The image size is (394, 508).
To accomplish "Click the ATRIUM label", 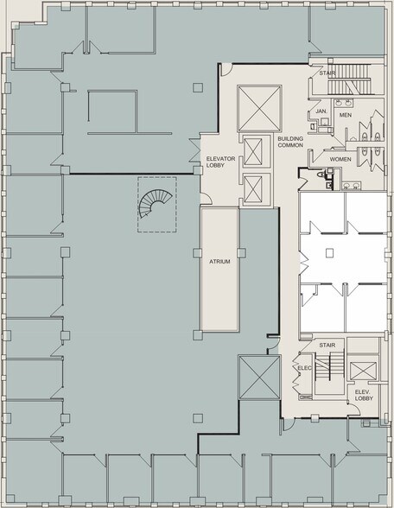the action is click(219, 262).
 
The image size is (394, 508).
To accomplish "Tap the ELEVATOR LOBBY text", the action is click(220, 162).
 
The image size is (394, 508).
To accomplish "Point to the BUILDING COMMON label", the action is click(290, 142).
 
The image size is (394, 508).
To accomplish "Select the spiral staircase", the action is click(155, 203).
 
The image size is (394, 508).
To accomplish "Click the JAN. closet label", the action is click(321, 111).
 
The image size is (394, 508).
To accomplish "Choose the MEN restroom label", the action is click(346, 115).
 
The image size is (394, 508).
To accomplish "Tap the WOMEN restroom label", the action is click(340, 159).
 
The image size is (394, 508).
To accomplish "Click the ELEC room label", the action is click(304, 368).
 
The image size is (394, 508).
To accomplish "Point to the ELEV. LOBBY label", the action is click(364, 395).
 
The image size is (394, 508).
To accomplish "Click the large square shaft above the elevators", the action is click(259, 109).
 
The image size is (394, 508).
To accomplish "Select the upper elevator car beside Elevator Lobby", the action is click(253, 152).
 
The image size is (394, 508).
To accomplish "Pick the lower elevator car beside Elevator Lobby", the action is click(253, 189).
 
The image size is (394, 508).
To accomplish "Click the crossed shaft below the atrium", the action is click(259, 377).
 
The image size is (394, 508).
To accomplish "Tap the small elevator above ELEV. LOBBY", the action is click(363, 371).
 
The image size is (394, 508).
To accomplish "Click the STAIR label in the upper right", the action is click(327, 73).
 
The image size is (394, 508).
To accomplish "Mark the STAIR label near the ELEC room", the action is click(327, 346).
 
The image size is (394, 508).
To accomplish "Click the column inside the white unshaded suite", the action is click(329, 252).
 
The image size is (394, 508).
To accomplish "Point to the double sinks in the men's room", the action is click(344, 103).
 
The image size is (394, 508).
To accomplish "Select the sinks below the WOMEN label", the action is click(351, 186).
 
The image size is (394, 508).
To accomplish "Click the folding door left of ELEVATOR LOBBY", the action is click(194, 150).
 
